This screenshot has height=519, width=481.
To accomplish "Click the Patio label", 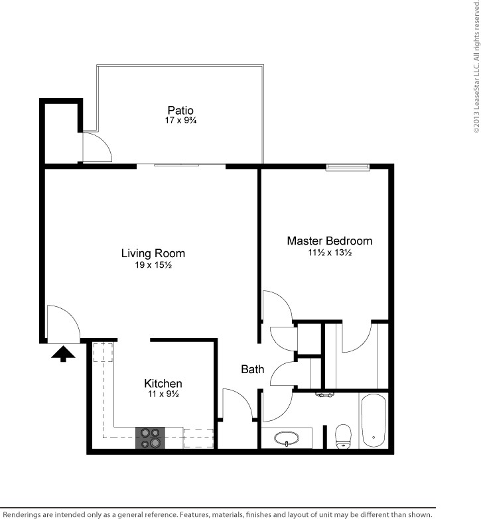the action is pos(180,110).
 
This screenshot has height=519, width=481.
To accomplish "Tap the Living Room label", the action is pos(153,253).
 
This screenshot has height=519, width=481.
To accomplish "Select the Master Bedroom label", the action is pos(330,241).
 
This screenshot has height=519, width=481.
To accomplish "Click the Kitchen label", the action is pos(163,383).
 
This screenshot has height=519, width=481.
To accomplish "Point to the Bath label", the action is pos(252,369).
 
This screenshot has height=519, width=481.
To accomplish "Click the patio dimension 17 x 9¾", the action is pos(180,120).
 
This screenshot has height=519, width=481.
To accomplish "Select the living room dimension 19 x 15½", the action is pos(153,264).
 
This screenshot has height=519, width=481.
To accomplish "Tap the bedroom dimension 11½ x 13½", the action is pos(330,253).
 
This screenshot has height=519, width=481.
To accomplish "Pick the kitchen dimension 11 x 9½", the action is pos(163,394).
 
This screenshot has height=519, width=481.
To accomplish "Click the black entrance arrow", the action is pos(63,353).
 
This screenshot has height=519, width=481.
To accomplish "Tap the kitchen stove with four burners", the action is pos(150,437).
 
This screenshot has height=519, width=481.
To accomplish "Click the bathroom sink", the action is pos(287,439).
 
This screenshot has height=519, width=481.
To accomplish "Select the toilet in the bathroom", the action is pos(343,437).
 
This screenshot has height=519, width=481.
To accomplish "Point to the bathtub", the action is pos(374,420).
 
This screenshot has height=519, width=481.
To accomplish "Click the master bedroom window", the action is pos(348,167).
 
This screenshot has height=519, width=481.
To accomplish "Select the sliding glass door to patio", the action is pos(181,164).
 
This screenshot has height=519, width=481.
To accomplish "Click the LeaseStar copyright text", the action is pos(476,67).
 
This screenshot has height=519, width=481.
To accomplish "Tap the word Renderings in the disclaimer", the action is pos(21,515).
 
